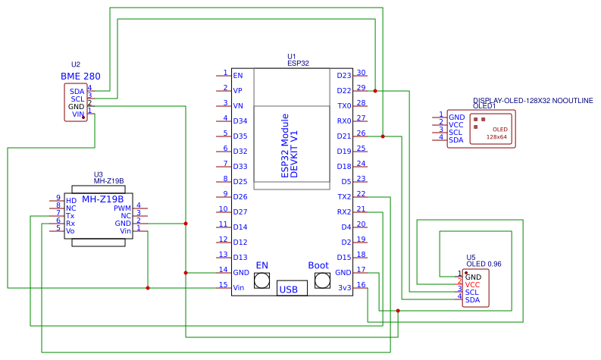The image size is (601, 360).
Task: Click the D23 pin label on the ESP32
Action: pos(344,76)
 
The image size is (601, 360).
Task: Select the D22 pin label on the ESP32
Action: pos(344,91)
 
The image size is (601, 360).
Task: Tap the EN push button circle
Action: pos(262,281)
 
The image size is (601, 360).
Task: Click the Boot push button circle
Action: pos(322,281)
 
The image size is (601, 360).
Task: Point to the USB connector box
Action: pos(289,289)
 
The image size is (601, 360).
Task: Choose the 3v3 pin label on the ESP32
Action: pos(344,288)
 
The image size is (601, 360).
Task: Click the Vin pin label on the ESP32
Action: pos(239,288)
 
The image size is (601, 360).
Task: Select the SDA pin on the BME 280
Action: pos(77,91)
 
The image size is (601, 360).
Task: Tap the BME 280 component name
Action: pos(80,77)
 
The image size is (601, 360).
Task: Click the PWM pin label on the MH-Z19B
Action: pos(122,208)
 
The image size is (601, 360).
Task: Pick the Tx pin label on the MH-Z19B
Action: pos(70,216)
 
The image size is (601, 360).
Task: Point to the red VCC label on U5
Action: pos(472,285)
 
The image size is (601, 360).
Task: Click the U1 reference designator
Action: pos(292,57)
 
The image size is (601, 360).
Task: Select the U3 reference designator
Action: pos(98,174)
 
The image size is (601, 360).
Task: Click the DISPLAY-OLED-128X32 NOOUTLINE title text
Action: pos(533,100)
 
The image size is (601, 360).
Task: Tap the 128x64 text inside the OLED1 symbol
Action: pos(496,137)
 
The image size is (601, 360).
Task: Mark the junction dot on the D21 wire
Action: pos(383,136)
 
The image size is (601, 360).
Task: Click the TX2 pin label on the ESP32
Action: pos(344,197)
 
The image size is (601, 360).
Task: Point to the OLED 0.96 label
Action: pos(484,264)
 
